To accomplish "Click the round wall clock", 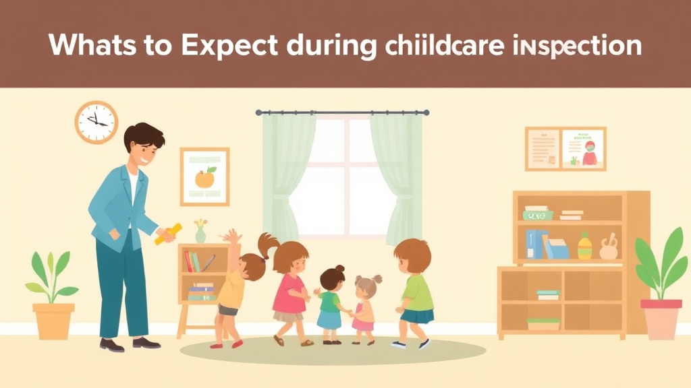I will pos(96,122).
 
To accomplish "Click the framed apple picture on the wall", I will pos(204,176).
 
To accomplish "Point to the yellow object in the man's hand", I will pos(168,233).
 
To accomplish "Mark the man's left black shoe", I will pos(112,344).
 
